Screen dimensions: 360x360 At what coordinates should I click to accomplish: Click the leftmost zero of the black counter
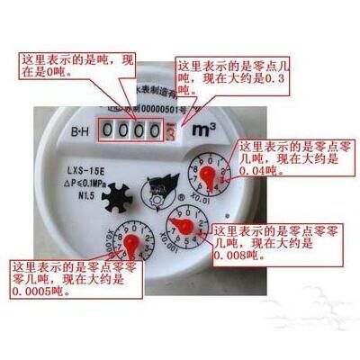109,132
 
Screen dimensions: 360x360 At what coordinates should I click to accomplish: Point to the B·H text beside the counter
79,132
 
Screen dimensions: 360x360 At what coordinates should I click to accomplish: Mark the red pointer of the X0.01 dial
207,173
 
